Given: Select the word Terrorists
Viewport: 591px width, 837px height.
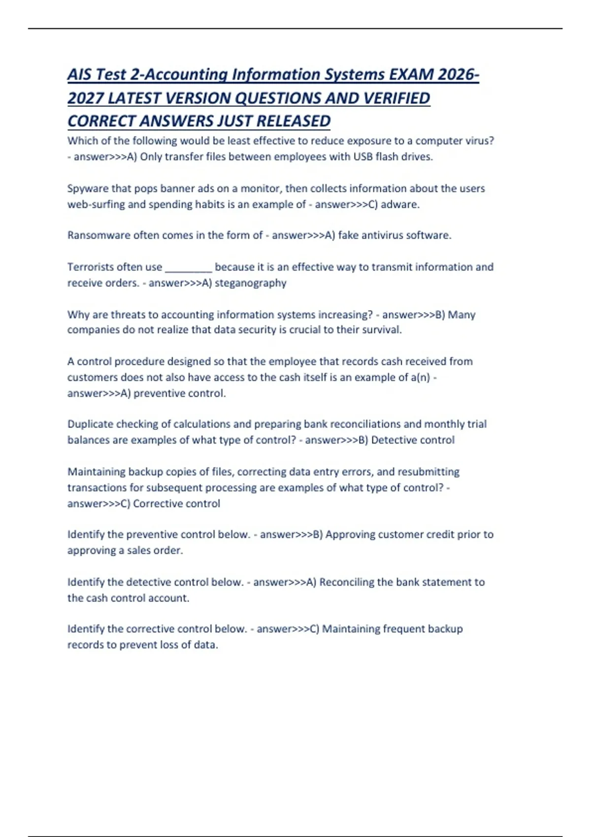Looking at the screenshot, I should pos(89,267).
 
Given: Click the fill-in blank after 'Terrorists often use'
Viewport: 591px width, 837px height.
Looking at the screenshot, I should pos(188,268).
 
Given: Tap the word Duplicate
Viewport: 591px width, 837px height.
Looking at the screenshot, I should pos(90,424).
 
